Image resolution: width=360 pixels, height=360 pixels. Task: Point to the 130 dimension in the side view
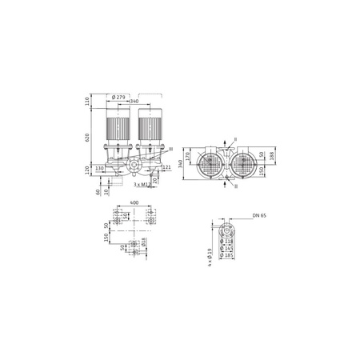point(99,169)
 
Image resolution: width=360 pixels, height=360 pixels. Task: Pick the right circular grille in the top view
point(243,163)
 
